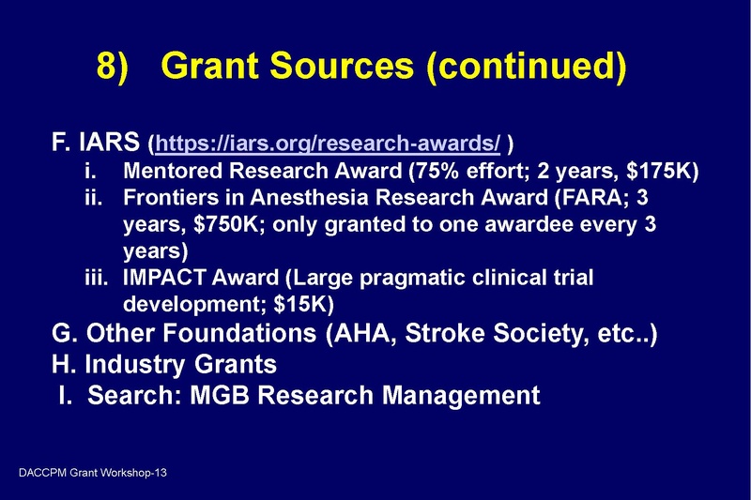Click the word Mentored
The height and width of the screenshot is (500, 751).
(170, 173)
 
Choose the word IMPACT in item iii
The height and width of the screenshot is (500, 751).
(165, 279)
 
